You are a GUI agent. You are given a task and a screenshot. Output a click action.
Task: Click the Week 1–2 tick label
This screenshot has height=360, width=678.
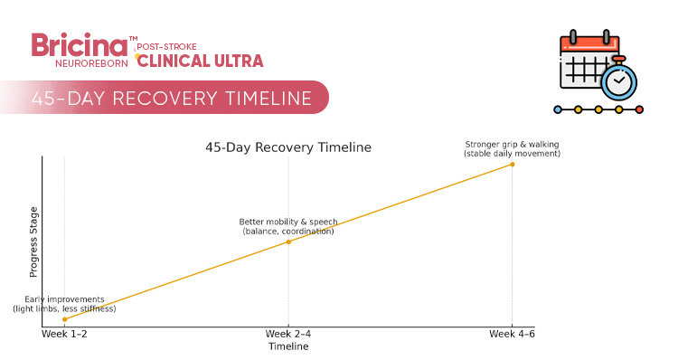(x=64, y=335)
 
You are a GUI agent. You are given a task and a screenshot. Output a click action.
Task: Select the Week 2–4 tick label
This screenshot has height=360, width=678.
(x=288, y=335)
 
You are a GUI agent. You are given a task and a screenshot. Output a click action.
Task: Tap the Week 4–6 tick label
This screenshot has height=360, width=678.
(x=513, y=335)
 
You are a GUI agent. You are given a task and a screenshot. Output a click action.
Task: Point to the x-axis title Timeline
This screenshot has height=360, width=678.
(x=288, y=346)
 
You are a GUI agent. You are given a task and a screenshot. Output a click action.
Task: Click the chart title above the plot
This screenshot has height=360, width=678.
(x=288, y=147)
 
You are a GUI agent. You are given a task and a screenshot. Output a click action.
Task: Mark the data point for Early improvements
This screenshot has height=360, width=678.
(x=64, y=319)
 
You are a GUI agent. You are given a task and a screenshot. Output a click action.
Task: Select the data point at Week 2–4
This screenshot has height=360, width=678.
(x=288, y=242)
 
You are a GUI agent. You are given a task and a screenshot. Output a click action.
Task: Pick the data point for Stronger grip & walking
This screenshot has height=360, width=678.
(x=513, y=164)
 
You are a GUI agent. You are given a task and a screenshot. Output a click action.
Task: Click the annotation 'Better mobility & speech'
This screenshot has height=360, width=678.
(x=288, y=222)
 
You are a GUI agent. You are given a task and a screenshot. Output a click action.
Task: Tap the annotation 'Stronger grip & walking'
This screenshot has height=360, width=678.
(x=513, y=144)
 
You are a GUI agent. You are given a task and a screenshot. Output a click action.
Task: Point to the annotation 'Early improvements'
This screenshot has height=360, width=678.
(x=64, y=299)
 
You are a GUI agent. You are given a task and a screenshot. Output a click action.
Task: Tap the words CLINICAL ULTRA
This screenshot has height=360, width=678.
(x=200, y=61)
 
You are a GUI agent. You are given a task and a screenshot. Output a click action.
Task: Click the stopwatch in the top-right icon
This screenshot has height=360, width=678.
(x=618, y=82)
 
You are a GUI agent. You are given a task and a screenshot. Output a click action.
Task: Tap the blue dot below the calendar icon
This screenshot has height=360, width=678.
(x=558, y=109)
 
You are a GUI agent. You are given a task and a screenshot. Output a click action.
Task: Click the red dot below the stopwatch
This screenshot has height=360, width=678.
(x=639, y=109)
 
